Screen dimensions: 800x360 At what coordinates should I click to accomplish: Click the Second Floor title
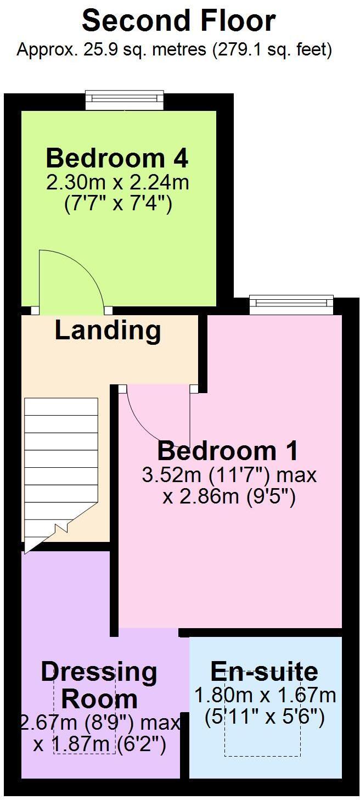click(179, 21)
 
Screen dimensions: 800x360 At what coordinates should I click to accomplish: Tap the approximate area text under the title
click(175, 50)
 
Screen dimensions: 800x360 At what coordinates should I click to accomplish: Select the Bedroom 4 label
click(117, 158)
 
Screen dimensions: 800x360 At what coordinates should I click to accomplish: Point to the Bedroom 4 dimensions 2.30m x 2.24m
click(118, 183)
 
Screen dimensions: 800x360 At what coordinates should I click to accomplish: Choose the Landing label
click(108, 331)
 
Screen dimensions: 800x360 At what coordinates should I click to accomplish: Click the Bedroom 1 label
click(228, 451)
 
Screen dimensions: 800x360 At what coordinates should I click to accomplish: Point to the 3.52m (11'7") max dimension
click(229, 475)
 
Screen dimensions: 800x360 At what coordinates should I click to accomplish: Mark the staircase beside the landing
click(60, 467)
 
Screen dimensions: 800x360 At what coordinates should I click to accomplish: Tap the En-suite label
click(264, 672)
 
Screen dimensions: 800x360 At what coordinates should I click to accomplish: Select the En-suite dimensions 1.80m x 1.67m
click(265, 695)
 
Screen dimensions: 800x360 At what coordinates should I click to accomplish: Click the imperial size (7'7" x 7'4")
click(118, 205)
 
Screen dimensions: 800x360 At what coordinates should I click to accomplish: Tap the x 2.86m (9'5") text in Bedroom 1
click(229, 497)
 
